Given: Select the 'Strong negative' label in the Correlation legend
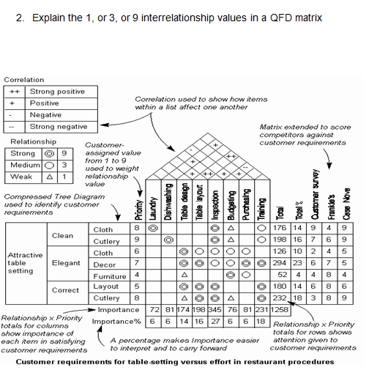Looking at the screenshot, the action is [58, 127].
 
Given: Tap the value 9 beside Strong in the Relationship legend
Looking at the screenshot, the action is [64, 154].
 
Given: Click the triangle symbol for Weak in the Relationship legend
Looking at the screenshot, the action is [50, 177].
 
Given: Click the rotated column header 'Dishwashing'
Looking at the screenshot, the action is [168, 201].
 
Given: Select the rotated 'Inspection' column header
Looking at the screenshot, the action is [214, 201].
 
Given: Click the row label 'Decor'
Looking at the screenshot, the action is [105, 264].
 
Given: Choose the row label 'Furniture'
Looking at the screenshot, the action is [110, 276].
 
